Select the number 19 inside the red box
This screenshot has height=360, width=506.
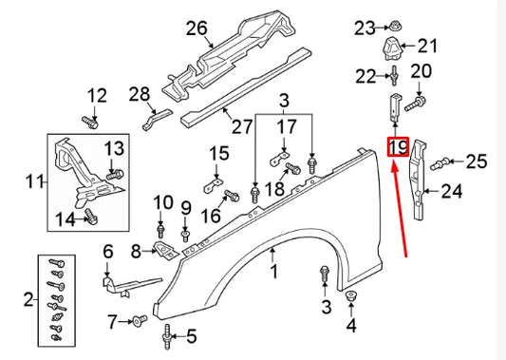click(x=397, y=147)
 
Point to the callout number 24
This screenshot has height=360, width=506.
click(x=451, y=193)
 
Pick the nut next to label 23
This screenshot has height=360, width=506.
click(x=391, y=28)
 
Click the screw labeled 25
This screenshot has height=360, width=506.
click(x=439, y=165)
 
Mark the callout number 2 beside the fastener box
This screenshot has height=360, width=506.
click(x=28, y=301)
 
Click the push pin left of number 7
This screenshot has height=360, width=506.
click(x=142, y=319)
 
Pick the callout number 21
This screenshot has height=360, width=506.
click(x=428, y=45)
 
